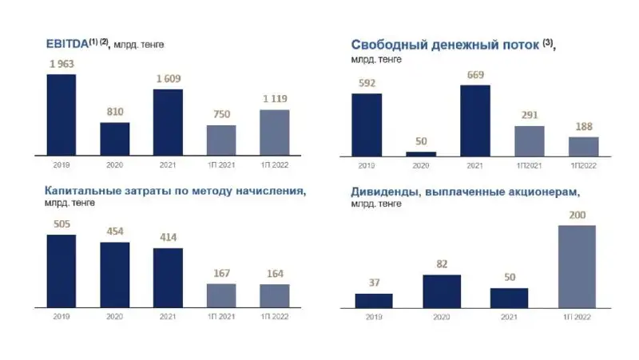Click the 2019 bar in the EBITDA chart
tap(62, 114)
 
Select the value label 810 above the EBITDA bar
tap(115, 113)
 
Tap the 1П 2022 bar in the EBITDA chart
tap(275, 132)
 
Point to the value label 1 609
tap(168, 80)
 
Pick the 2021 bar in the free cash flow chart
tap(475, 120)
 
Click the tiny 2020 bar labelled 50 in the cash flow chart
tap(421, 153)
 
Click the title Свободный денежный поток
tap(444, 45)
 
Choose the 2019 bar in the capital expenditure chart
tap(62, 271)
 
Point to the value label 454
tap(115, 232)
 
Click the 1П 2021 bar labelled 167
tap(221, 295)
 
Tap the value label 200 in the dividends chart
tap(576, 216)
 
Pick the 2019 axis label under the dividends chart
tap(374, 317)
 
